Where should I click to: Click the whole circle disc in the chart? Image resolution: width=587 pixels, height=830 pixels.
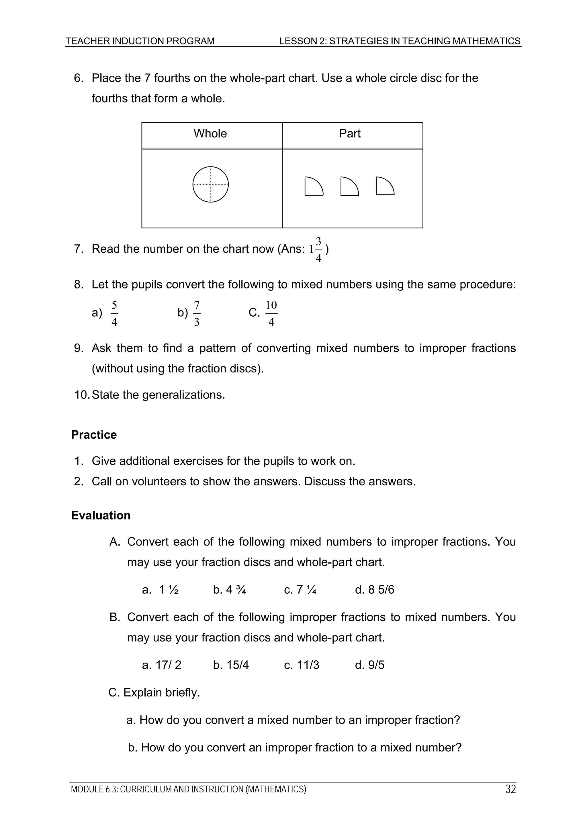click(x=210, y=184)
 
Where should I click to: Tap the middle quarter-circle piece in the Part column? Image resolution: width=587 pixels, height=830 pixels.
click(x=349, y=187)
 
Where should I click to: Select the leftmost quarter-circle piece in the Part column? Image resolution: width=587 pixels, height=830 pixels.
click(x=313, y=187)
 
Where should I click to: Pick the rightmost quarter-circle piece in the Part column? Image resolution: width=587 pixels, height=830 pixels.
click(x=384, y=187)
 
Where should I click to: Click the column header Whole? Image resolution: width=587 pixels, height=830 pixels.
click(x=210, y=134)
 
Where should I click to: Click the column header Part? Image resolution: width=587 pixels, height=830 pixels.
click(x=349, y=134)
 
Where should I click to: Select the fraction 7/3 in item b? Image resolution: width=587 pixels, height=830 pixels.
click(x=197, y=313)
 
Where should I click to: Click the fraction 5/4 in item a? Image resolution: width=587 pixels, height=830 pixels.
click(x=114, y=313)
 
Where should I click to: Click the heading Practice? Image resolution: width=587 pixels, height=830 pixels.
click(x=94, y=435)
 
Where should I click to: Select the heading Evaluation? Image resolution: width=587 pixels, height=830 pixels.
click(x=101, y=515)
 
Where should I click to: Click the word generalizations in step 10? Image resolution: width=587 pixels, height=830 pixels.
click(x=183, y=395)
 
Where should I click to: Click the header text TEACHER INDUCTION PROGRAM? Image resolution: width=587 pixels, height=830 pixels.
click(x=140, y=41)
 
